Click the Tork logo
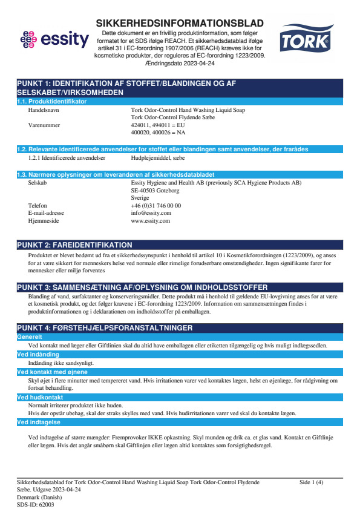(x=304, y=41)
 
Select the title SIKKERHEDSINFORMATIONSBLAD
(x=180, y=23)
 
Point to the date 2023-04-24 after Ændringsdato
(x=197, y=62)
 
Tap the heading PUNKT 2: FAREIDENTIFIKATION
(x=74, y=245)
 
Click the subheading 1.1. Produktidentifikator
(x=52, y=101)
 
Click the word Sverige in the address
(x=140, y=198)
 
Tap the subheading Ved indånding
(x=37, y=354)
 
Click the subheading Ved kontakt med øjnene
(x=52, y=372)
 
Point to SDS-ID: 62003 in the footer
(x=36, y=504)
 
